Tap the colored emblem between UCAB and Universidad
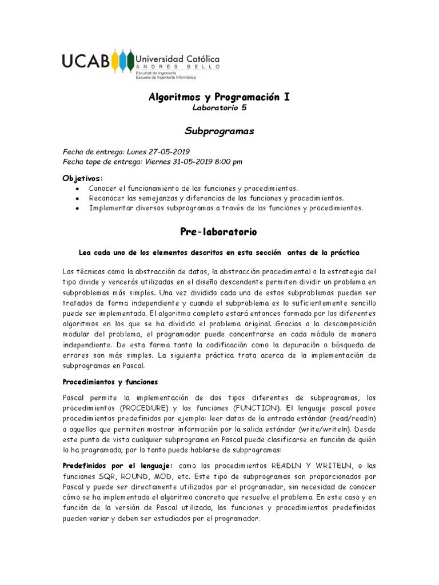tap(122, 61)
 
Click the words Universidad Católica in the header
tap(177, 59)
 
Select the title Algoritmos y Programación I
tap(219, 97)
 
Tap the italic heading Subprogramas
tap(219, 131)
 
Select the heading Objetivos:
tap(83, 178)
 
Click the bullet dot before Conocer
tap(77, 189)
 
